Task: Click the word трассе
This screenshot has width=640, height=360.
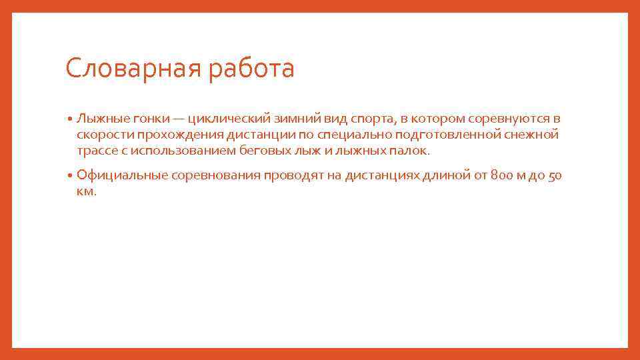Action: coord(95,151)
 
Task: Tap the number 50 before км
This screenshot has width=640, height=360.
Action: coord(555,176)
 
